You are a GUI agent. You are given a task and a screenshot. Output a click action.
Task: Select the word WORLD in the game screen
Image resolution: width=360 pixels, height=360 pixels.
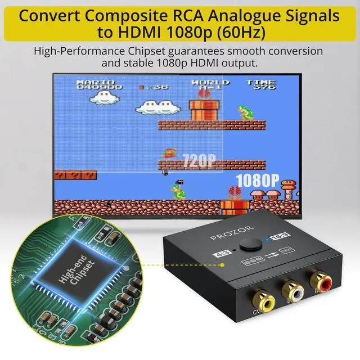[210, 82]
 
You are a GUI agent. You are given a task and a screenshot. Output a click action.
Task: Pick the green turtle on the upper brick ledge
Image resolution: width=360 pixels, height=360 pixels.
[245, 112]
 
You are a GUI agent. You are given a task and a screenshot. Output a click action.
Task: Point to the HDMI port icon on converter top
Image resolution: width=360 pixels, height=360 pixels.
[286, 249]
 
